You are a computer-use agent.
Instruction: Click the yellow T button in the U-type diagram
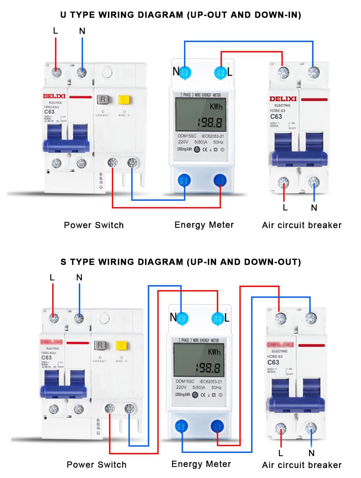coord(124,100)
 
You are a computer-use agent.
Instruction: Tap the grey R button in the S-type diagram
coord(101,345)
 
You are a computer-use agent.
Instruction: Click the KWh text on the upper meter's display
coord(216,106)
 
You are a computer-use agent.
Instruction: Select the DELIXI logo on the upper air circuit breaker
coord(283,98)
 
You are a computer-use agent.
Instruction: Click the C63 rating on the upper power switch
coord(49,112)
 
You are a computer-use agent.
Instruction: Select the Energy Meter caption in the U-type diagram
coord(204,225)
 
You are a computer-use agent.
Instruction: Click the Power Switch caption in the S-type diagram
coord(97,465)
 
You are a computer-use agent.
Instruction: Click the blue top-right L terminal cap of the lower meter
coord(217,319)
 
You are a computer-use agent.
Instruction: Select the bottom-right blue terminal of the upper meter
coord(220,180)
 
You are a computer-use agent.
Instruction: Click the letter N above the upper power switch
coord(82,31)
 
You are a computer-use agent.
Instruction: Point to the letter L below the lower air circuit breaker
coord(281,453)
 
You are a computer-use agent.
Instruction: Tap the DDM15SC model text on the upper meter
coord(187,136)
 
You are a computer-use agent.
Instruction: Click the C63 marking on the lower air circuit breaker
coord(273,362)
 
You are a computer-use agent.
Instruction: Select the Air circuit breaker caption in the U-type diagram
coord(302,225)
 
